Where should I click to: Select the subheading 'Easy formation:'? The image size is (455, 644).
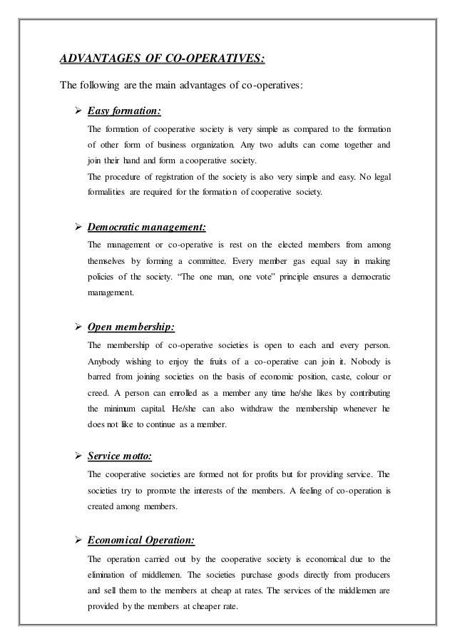coord(124,111)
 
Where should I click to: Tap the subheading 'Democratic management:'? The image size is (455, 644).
coord(147,228)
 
